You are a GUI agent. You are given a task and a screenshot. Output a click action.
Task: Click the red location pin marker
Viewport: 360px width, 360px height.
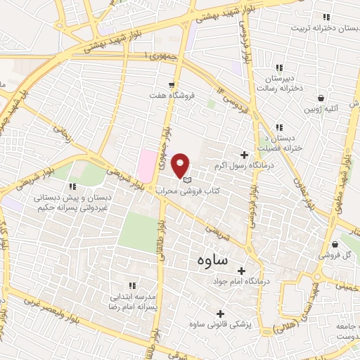182,165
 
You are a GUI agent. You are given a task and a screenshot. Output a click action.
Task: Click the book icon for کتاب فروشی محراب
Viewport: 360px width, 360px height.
186,181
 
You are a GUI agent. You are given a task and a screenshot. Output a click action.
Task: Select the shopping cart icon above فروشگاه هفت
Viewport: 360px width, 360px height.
171,85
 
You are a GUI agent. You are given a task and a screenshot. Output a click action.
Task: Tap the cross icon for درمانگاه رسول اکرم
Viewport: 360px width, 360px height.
245,155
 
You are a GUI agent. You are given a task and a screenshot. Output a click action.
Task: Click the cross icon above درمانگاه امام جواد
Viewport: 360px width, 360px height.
241,271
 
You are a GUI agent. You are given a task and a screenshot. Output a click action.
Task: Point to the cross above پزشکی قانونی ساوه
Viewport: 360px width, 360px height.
221,314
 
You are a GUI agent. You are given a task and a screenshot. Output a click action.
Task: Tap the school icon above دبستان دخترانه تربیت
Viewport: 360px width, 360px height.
325,17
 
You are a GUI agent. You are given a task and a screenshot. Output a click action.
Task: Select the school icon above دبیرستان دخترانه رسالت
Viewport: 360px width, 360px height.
279,67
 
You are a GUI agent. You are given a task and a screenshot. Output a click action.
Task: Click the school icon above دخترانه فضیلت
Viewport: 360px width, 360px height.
279,127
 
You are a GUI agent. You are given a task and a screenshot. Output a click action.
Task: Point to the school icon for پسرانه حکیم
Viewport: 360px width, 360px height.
72,187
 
